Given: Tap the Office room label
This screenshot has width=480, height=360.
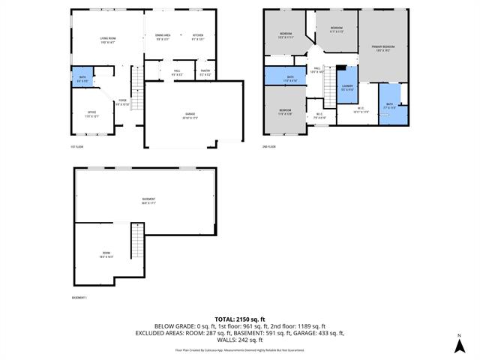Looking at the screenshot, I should click(91, 114).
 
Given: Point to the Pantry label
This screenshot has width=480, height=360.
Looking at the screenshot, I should click(205, 73).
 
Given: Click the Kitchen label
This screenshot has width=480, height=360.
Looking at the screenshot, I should click(198, 37).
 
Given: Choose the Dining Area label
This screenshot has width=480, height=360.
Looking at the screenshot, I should click(163, 37).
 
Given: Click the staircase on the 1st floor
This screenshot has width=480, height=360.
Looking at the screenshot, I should click(136, 86).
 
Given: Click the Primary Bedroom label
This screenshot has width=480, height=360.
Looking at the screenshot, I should click(383, 49).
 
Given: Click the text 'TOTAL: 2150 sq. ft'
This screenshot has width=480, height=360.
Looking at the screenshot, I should click(240, 319).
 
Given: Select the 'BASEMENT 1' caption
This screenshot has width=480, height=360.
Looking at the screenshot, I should click(79, 298).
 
